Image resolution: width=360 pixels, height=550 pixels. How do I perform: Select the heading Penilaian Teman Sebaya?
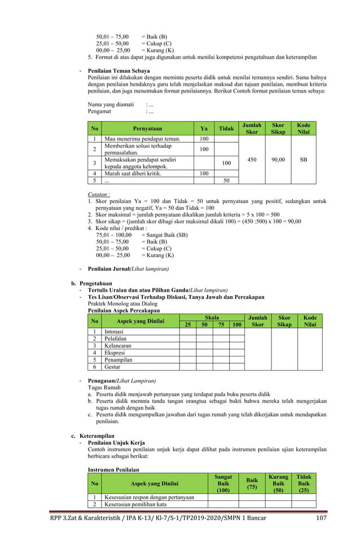pyautogui.click(x=118, y=71)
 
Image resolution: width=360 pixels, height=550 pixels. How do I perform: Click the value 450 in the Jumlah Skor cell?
pyautogui.click(x=252, y=160)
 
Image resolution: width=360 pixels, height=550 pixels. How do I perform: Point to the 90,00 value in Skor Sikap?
pyautogui.click(x=278, y=160)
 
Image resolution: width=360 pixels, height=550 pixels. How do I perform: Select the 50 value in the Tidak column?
pyautogui.click(x=226, y=181)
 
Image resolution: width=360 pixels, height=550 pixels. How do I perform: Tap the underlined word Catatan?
pyautogui.click(x=99, y=194)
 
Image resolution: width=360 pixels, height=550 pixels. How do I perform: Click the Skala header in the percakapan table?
pyautogui.click(x=212, y=318)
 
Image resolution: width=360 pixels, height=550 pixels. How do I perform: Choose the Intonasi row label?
pyautogui.click(x=116, y=332)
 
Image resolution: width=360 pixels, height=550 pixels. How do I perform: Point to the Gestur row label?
pyautogui.click(x=114, y=367)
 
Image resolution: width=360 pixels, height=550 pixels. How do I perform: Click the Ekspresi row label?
pyautogui.click(x=116, y=353)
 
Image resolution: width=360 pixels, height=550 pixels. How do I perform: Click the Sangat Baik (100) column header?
pyautogui.click(x=223, y=483)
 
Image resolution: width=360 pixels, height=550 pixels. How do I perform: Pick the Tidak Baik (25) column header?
pyautogui.click(x=304, y=483)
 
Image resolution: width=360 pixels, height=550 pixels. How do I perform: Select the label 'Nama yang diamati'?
pyautogui.click(x=111, y=104)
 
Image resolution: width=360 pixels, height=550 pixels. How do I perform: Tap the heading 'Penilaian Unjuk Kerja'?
pyautogui.click(x=117, y=443)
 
